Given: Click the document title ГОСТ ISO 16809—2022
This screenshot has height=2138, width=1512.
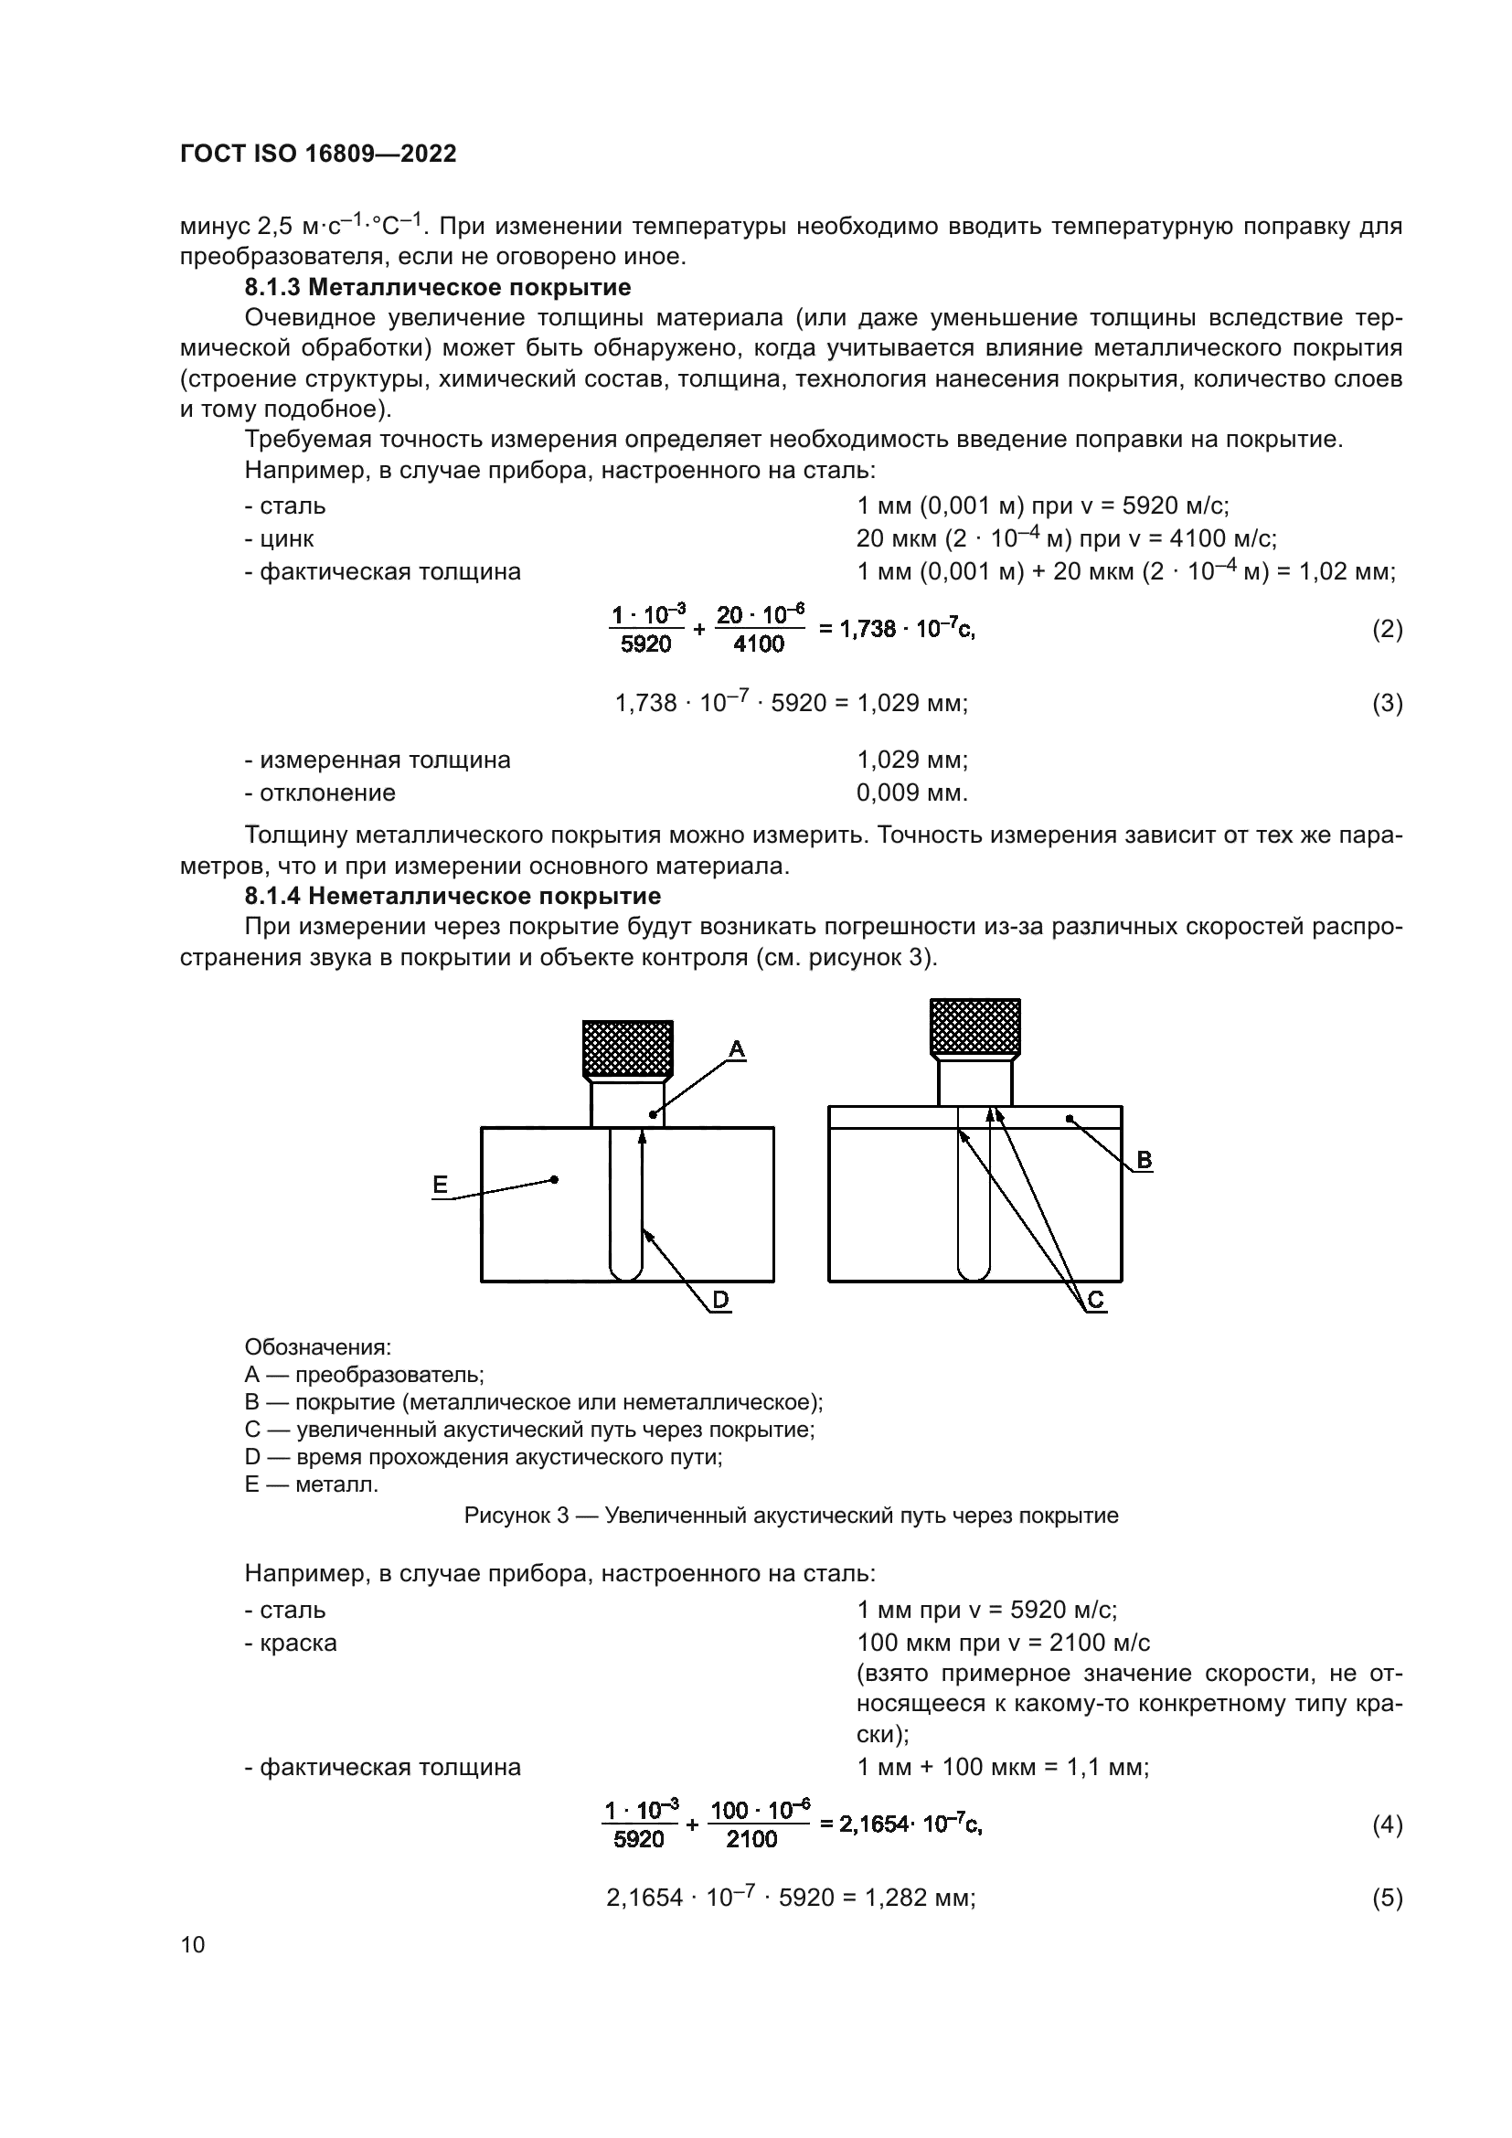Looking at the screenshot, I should point(318,154).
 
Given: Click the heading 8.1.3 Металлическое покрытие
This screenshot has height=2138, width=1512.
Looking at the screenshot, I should point(438,287).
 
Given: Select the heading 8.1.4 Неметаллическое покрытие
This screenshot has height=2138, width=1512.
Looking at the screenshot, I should point(453,896).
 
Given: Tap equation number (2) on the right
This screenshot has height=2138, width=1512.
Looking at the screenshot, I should point(1388,630).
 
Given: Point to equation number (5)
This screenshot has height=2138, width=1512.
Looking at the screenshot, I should point(1388,1898).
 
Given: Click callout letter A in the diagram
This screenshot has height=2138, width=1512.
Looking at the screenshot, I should point(736,1049).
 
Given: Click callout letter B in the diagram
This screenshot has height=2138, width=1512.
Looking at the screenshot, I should point(1145,1160).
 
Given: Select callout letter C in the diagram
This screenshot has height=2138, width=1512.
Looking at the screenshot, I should point(1096,1301).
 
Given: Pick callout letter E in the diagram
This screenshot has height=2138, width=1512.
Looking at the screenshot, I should point(441,1185).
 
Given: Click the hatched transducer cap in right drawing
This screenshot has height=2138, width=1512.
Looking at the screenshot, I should point(974,1027).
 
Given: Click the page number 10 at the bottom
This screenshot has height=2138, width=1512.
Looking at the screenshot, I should point(193,1944).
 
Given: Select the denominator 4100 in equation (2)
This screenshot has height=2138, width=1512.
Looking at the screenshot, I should point(759,644).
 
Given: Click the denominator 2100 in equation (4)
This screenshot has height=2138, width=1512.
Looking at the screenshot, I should point(751,1839).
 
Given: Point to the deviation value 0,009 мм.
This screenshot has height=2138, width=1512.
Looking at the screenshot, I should point(911,793).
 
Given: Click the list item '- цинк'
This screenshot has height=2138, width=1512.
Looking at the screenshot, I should point(280,539).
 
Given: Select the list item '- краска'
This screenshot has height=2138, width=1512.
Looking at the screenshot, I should point(291,1643).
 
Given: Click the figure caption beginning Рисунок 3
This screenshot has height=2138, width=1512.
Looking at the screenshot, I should point(792,1516).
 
